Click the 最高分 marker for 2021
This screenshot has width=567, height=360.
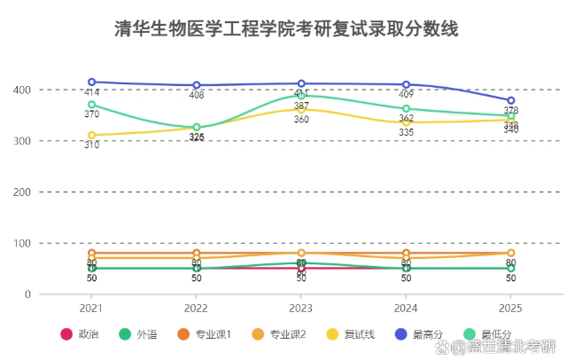[91, 82]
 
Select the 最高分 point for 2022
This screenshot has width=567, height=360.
[197, 85]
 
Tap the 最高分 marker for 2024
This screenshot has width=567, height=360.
[406, 84]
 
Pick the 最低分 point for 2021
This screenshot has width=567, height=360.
[91, 105]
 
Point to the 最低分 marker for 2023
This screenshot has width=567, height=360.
[301, 96]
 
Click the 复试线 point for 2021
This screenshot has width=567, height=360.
[91, 135]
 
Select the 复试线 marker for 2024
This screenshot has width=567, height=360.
[406, 122]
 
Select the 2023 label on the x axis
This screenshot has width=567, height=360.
[301, 308]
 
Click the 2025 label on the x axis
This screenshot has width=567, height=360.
[511, 308]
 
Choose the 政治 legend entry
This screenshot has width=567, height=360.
[80, 334]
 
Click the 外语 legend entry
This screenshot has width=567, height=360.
[140, 334]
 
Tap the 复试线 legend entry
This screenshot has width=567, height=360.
[351, 334]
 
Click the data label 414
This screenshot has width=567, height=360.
[91, 93]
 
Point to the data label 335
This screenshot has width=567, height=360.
[406, 133]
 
